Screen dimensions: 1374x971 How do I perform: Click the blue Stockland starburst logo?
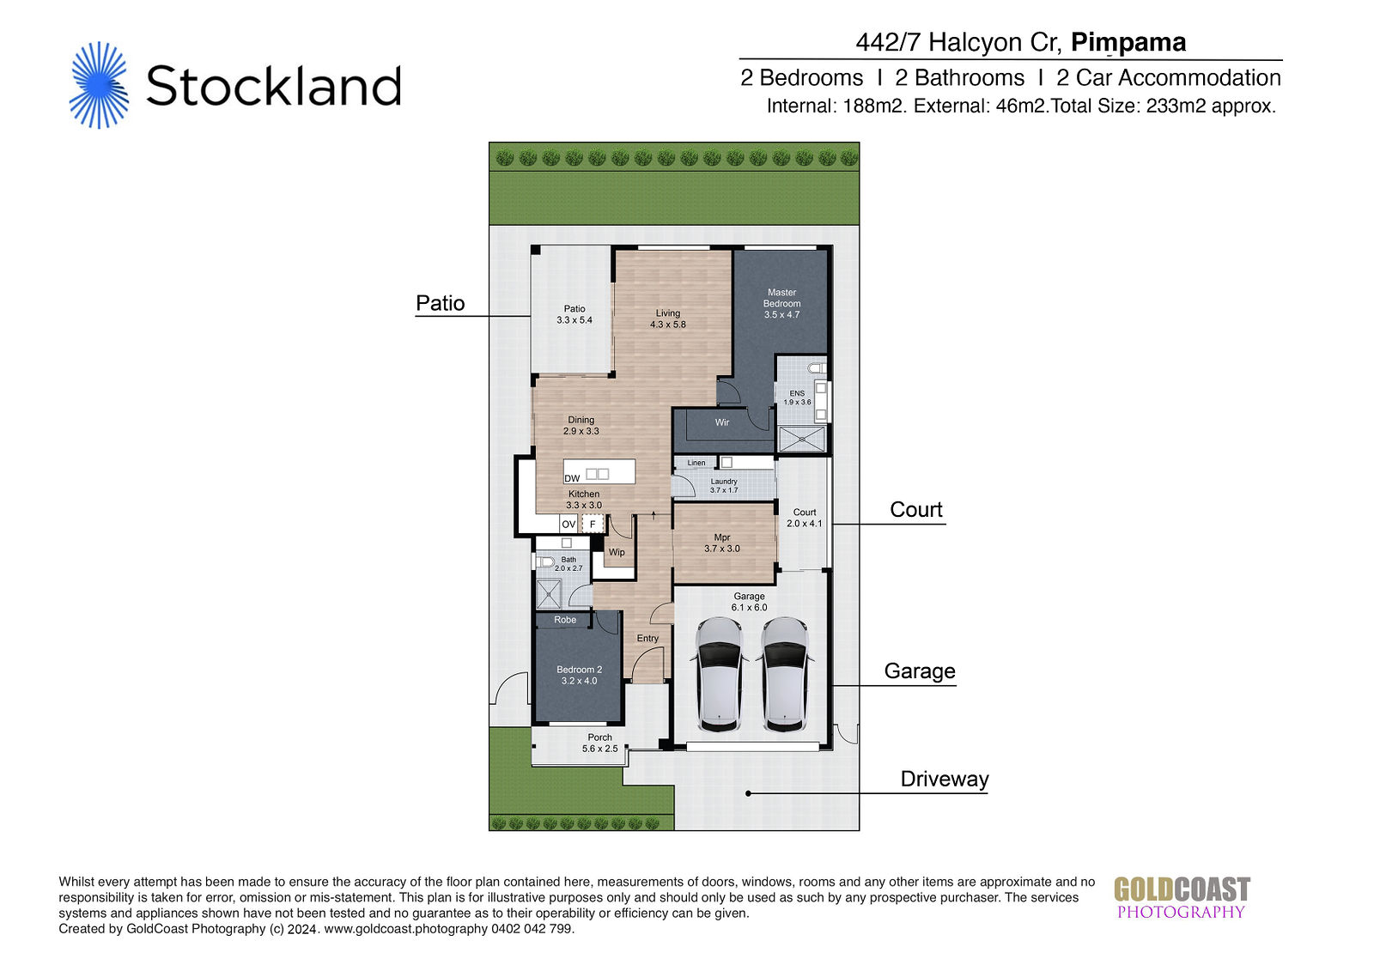click(100, 85)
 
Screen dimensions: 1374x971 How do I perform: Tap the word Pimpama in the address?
click(1128, 43)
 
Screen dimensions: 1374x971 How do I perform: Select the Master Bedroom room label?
click(781, 303)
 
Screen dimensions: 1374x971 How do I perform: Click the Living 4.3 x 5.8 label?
click(667, 319)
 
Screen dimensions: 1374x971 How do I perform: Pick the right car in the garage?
click(784, 674)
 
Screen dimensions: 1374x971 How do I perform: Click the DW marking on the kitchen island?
click(572, 478)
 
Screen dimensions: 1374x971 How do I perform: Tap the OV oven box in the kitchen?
click(568, 524)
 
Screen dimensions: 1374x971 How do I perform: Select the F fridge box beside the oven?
click(593, 524)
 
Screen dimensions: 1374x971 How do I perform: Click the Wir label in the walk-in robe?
click(722, 422)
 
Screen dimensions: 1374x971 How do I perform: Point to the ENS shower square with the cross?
click(801, 440)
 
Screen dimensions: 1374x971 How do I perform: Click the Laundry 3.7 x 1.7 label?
click(724, 486)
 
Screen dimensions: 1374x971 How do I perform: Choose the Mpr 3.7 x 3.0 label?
click(722, 543)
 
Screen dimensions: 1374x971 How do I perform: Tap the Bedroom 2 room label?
click(579, 675)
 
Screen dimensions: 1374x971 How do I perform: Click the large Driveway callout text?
click(944, 779)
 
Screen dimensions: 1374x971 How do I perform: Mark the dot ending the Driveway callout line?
click(748, 793)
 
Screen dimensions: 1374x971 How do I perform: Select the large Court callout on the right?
click(915, 510)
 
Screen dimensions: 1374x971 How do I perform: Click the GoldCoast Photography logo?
click(1182, 897)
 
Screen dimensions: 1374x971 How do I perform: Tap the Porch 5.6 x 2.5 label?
click(599, 743)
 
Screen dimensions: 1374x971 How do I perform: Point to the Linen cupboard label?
click(696, 463)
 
